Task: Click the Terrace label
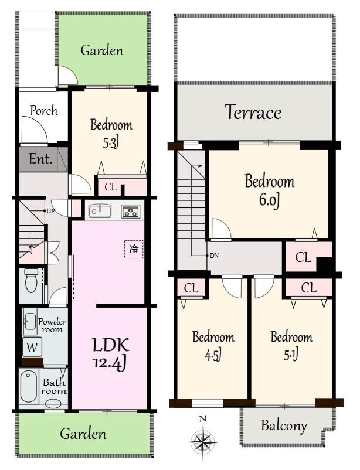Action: point(253,112)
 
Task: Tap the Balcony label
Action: point(284,425)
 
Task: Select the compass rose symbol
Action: point(203,440)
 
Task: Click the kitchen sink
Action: point(100,211)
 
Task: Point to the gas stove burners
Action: point(130,212)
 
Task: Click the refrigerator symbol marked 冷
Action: point(134,249)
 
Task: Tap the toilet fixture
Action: point(31,280)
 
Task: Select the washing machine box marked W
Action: point(32,347)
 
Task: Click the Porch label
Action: point(44,111)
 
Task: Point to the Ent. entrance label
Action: point(40,158)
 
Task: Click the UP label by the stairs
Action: point(50,211)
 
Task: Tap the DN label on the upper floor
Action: point(214,256)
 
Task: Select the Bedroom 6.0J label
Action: point(270,190)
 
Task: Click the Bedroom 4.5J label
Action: point(213,346)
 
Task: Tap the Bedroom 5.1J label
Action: point(291,346)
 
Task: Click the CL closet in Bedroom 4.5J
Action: point(191,288)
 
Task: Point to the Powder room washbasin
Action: point(30,321)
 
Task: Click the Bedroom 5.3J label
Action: point(111,134)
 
